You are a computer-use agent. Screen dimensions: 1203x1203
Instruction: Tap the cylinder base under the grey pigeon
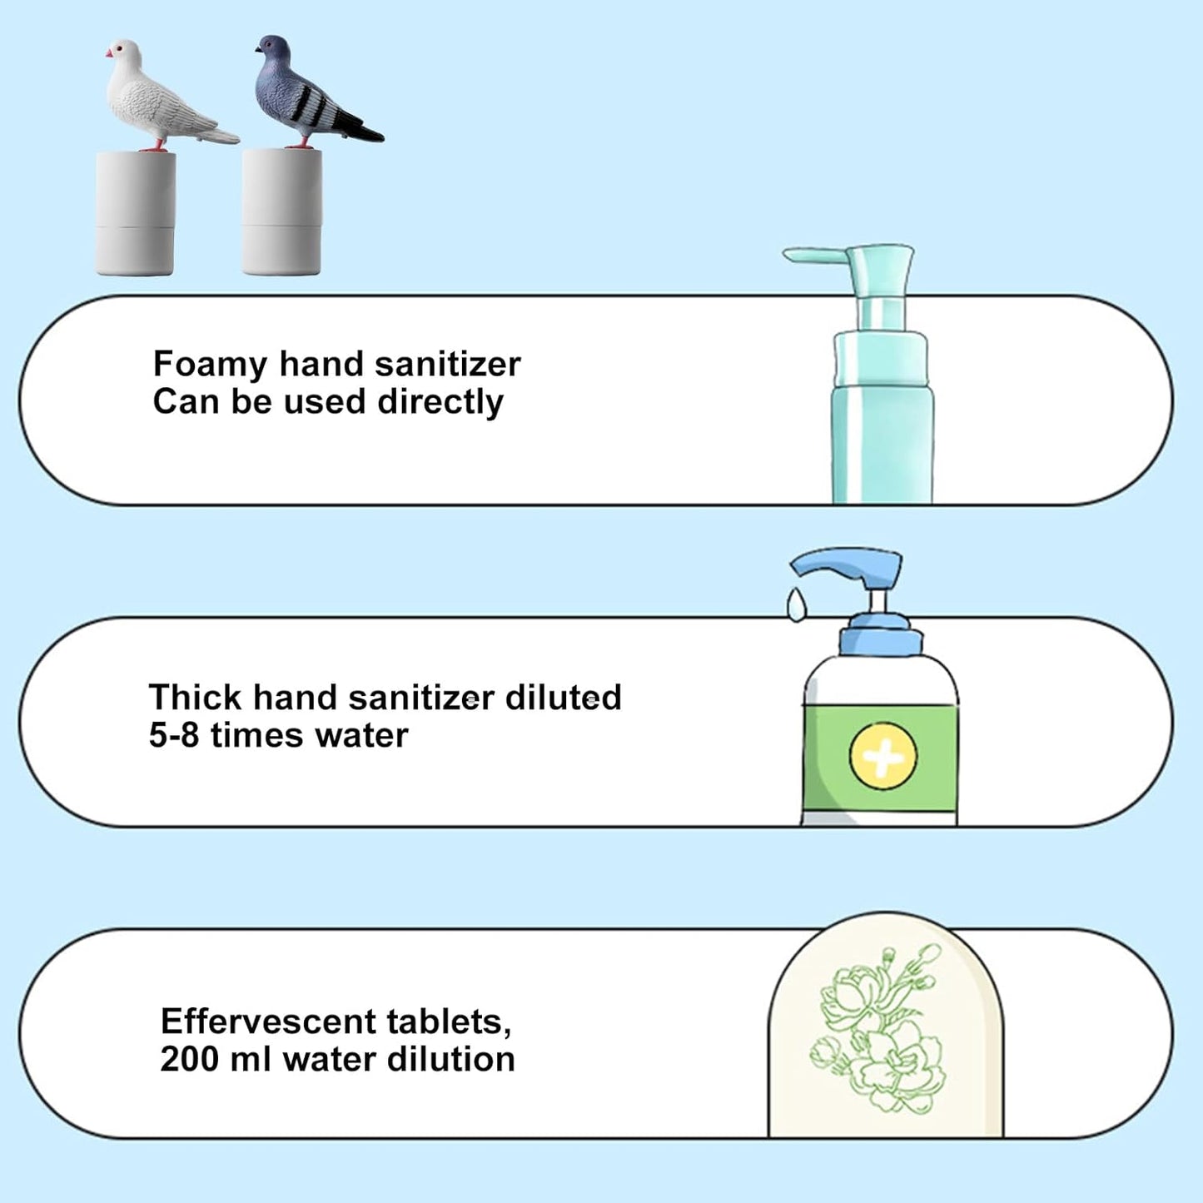(x=281, y=213)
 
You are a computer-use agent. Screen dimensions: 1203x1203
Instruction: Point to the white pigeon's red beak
(x=109, y=54)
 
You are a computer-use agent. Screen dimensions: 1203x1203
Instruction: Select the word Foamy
(x=210, y=365)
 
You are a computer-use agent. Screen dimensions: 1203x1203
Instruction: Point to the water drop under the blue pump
(x=797, y=605)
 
